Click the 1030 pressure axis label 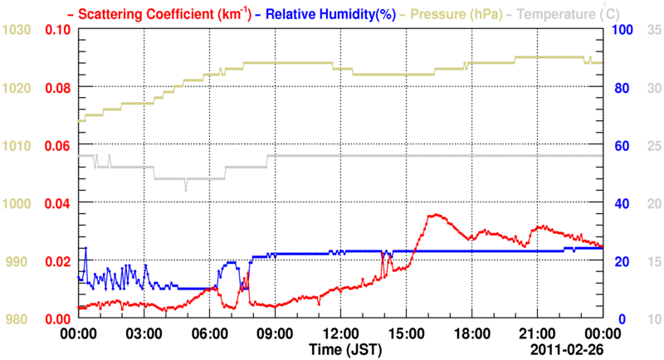[x=16, y=30]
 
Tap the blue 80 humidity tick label [x=618, y=88]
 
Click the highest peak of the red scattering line [x=432, y=215]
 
